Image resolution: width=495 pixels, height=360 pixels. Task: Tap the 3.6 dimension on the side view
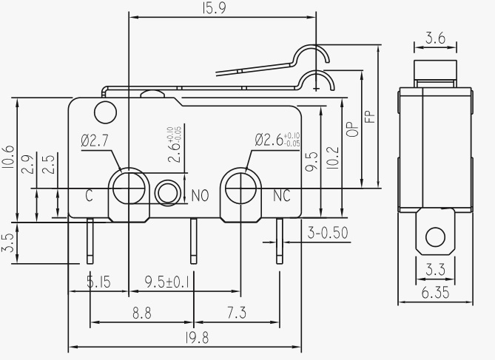[x=435, y=38]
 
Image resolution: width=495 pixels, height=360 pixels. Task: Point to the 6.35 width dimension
[x=435, y=293]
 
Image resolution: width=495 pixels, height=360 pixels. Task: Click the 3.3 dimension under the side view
[x=435, y=268]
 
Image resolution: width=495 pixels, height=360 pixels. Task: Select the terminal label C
[x=88, y=195]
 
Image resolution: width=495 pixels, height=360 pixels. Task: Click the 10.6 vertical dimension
[x=8, y=157]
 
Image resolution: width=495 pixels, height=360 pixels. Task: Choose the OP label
[x=352, y=128]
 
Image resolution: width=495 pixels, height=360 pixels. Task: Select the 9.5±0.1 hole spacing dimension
[x=166, y=282]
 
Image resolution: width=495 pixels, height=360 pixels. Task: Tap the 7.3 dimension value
[x=236, y=313]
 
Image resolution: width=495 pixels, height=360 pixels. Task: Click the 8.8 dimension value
[x=142, y=313]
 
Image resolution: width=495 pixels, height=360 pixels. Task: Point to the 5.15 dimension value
[x=98, y=282]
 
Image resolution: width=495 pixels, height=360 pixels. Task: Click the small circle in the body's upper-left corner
[x=106, y=112]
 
